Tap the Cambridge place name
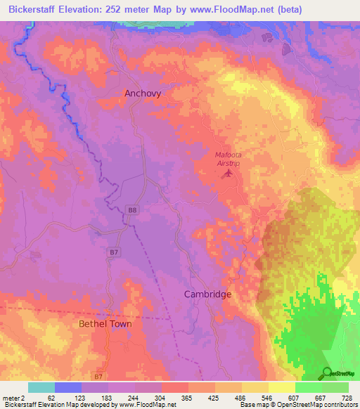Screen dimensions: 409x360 coord(207,294)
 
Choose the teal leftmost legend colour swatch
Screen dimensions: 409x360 coord(41,387)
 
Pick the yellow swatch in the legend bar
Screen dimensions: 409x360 coord(281,387)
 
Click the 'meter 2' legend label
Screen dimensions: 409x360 coord(14,398)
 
